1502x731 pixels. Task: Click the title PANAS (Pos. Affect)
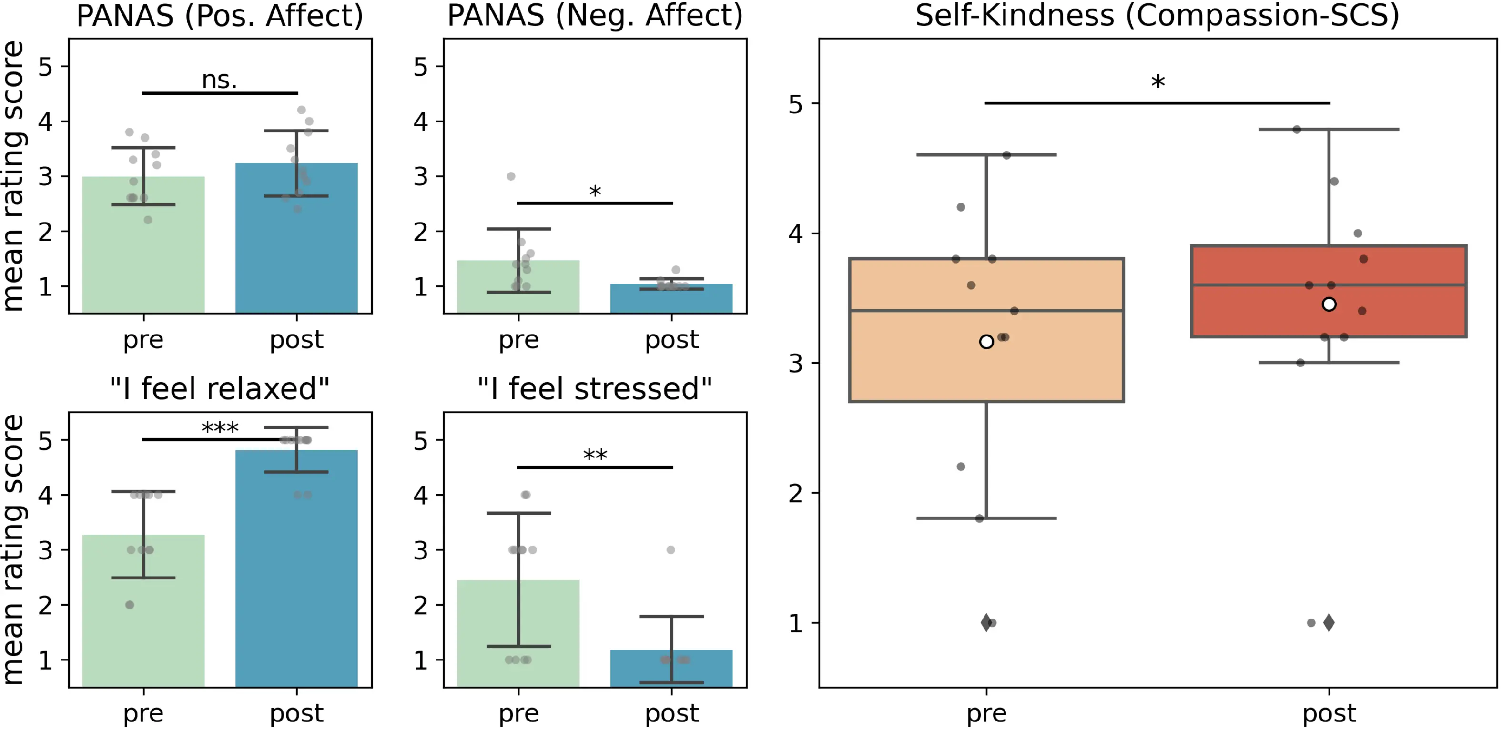220,16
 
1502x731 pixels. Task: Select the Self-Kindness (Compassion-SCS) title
1157,16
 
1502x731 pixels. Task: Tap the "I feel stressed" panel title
595,389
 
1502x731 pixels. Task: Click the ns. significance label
219,80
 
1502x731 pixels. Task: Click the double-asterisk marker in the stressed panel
595,455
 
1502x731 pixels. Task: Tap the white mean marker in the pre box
986,342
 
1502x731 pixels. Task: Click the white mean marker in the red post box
1329,305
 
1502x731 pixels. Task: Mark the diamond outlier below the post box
1329,622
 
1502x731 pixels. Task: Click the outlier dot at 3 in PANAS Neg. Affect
511,176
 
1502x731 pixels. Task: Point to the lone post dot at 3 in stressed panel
670,550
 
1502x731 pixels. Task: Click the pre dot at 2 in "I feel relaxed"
130,605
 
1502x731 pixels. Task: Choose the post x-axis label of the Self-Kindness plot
1329,713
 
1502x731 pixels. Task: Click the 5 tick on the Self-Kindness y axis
795,104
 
